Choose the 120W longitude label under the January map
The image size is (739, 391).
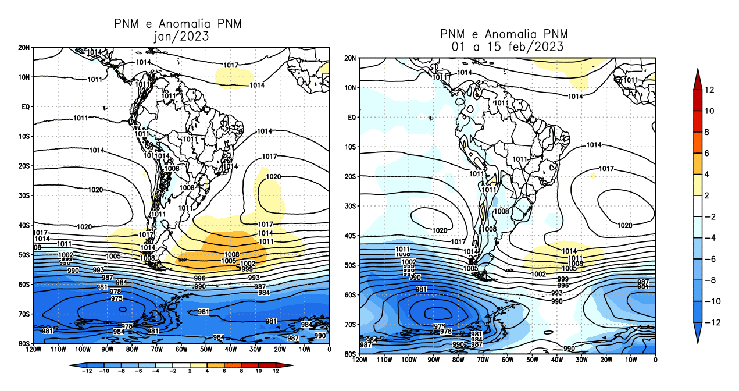[34, 350]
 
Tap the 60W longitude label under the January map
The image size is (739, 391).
[181, 350]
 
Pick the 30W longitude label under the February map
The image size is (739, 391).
[582, 360]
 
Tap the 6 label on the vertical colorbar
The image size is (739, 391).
[710, 154]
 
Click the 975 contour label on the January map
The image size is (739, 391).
[116, 298]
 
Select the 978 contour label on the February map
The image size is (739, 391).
[446, 331]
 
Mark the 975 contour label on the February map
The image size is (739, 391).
[440, 326]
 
